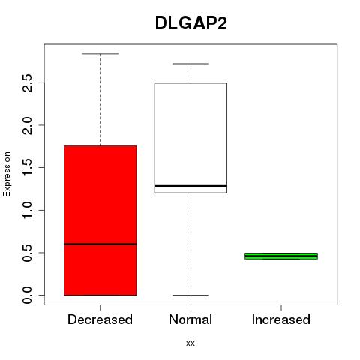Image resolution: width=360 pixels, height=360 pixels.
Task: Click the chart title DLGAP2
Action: [x=191, y=23]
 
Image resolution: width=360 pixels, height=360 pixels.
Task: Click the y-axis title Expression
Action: [x=7, y=174]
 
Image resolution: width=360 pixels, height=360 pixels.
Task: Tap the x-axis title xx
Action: [x=190, y=343]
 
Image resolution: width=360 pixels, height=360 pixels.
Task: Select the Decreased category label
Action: [x=100, y=319]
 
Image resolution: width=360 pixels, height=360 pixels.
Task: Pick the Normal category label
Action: [x=190, y=319]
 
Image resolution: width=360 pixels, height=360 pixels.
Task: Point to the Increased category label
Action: [x=281, y=319]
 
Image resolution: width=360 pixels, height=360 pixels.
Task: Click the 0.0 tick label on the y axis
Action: [x=27, y=295]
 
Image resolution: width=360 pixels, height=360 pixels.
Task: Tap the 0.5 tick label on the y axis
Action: [x=27, y=253]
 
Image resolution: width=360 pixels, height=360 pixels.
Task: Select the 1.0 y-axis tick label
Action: [x=27, y=210]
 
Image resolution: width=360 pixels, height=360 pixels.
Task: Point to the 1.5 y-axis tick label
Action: [x=27, y=167]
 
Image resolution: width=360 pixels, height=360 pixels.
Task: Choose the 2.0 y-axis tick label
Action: [x=27, y=125]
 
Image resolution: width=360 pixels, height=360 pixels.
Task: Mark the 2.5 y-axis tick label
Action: [x=27, y=82]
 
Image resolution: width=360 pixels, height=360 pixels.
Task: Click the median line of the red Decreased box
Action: [x=100, y=244]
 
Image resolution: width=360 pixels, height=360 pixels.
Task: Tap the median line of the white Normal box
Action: [x=190, y=186]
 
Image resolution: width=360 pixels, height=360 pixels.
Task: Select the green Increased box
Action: [x=281, y=256]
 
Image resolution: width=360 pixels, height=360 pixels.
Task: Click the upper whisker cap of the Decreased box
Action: [x=100, y=54]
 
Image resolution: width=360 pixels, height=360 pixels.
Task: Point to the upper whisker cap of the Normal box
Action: [x=190, y=64]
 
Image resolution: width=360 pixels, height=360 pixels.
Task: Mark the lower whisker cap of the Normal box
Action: [x=190, y=295]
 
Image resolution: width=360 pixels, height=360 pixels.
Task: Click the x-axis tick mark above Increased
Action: [x=281, y=307]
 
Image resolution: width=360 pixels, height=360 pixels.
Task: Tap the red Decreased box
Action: [x=100, y=220]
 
